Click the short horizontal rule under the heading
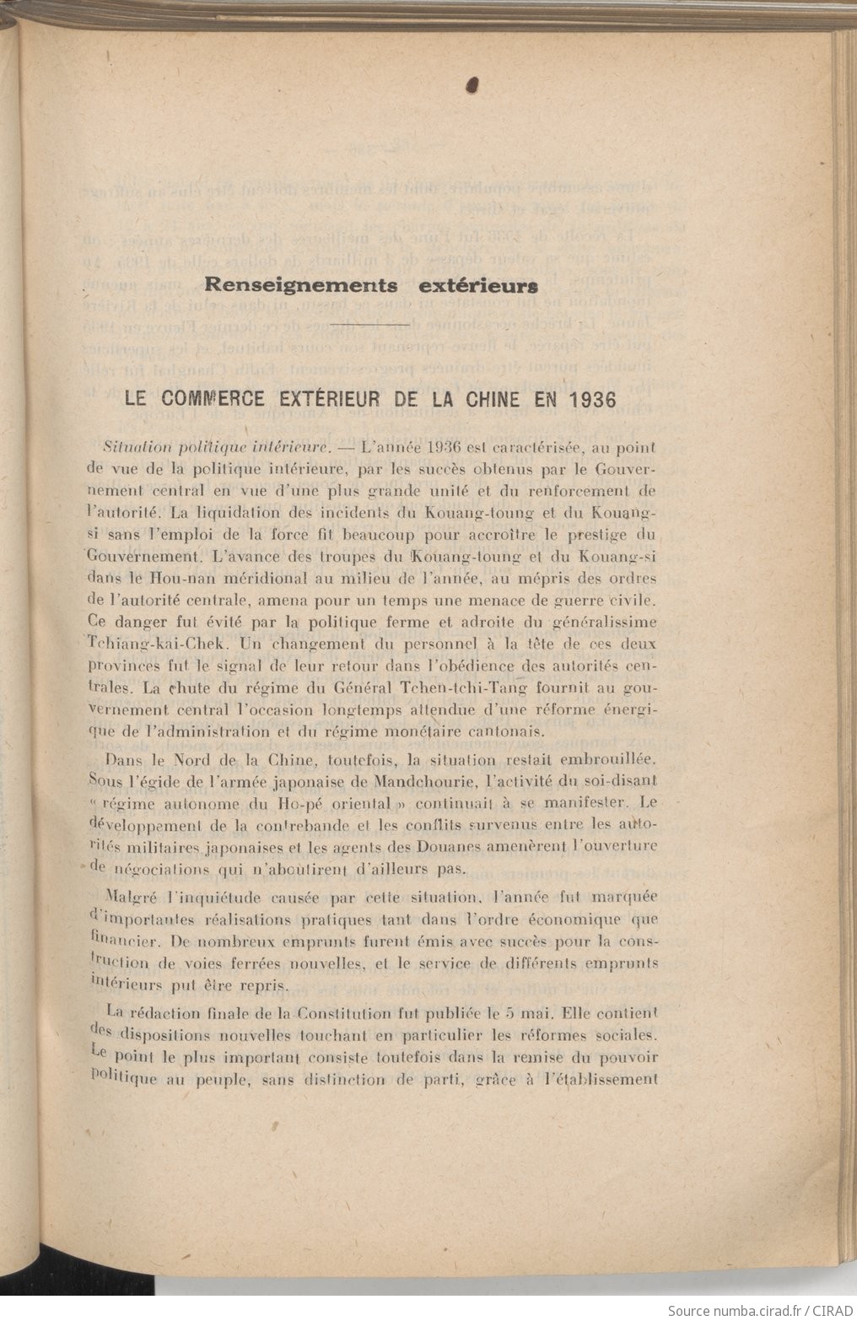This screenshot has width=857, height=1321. (x=371, y=324)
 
